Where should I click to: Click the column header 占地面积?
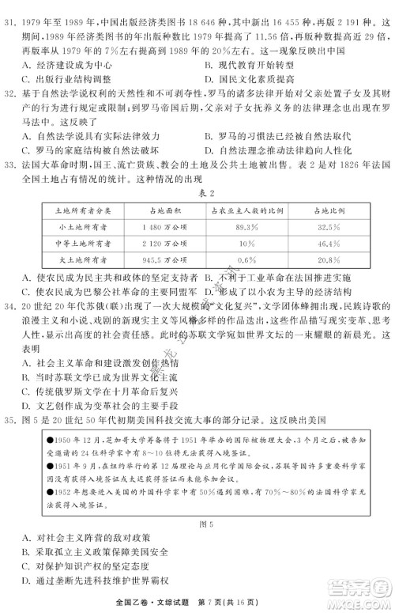153,209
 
